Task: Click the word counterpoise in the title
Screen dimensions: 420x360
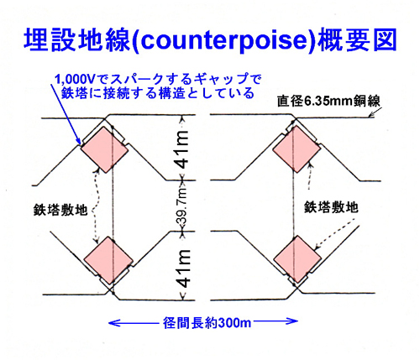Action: click(223, 41)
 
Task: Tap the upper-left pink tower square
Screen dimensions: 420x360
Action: click(104, 149)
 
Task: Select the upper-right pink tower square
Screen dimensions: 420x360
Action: click(297, 149)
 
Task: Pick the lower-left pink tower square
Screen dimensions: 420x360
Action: click(108, 260)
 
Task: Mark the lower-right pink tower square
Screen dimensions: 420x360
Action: click(297, 259)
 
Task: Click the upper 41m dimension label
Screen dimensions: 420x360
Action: click(183, 149)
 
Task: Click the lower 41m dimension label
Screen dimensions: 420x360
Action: click(183, 269)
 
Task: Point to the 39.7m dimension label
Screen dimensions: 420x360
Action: click(182, 206)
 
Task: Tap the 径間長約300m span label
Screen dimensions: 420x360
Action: click(207, 323)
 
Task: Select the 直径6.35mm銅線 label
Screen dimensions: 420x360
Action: click(328, 102)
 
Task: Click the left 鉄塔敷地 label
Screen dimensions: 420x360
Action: click(60, 210)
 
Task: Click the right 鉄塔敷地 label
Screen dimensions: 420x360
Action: click(331, 207)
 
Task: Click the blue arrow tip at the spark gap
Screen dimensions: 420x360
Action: click(81, 143)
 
